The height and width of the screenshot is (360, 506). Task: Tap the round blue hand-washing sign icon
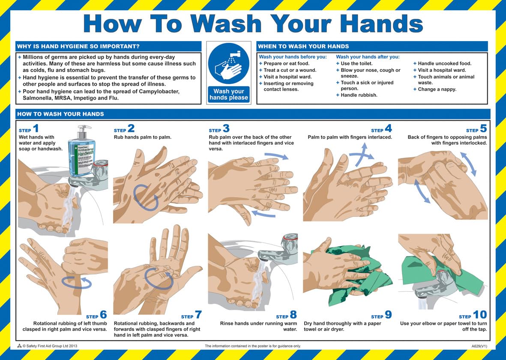click(228, 64)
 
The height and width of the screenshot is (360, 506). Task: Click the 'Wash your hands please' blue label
click(228, 95)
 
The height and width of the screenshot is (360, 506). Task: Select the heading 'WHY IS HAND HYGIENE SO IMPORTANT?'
click(78, 46)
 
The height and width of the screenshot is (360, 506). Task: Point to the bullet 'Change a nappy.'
click(437, 89)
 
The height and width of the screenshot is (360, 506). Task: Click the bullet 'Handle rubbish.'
click(359, 95)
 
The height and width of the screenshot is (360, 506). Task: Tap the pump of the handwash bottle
click(84, 128)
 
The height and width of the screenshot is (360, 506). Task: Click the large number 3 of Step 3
click(226, 128)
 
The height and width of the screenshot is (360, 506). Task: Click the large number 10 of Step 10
click(480, 315)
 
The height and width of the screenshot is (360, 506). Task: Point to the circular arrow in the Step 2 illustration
click(145, 197)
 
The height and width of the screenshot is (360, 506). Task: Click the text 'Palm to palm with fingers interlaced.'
click(350, 137)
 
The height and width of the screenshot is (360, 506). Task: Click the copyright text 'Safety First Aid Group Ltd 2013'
click(50, 345)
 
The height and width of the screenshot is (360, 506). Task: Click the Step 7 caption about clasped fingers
click(157, 329)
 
